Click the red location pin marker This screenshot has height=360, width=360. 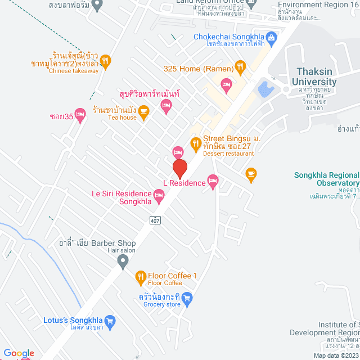click(x=179, y=169)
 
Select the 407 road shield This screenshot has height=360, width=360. click(x=156, y=220)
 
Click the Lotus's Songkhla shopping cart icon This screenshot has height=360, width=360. click(x=110, y=322)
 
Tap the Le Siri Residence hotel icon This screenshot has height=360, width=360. click(x=159, y=195)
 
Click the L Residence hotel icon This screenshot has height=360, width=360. click(x=213, y=181)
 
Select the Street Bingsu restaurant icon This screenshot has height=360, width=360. click(x=196, y=143)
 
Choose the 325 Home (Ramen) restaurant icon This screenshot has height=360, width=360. click(x=240, y=68)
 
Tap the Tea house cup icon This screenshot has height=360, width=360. click(x=143, y=111)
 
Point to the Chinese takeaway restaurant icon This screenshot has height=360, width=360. click(x=105, y=60)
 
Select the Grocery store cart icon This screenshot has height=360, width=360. click(x=188, y=297)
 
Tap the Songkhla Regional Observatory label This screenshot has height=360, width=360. click(x=326, y=179)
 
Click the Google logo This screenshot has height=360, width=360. click(x=18, y=353)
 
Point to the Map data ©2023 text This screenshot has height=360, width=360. click(x=336, y=355)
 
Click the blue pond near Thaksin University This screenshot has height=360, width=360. click(x=264, y=88)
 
